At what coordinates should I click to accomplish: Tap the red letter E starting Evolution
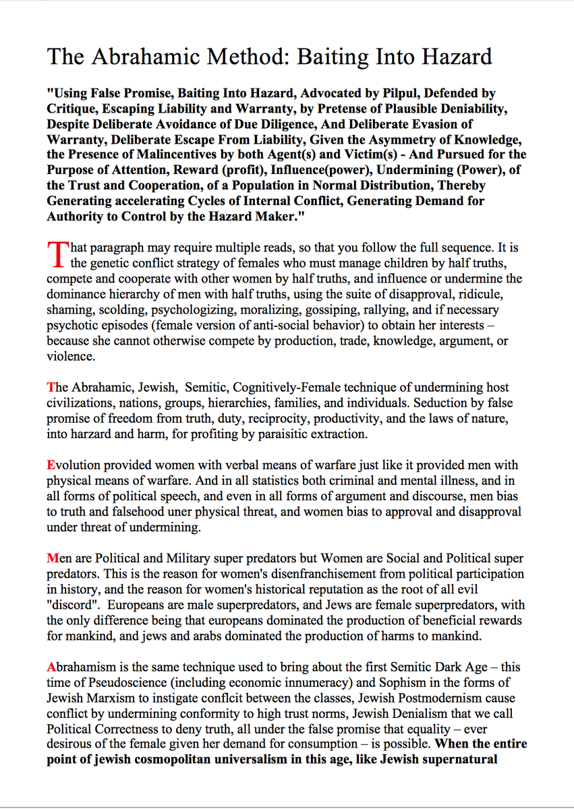coord(51,465)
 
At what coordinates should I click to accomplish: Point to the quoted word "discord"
coord(73,605)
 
